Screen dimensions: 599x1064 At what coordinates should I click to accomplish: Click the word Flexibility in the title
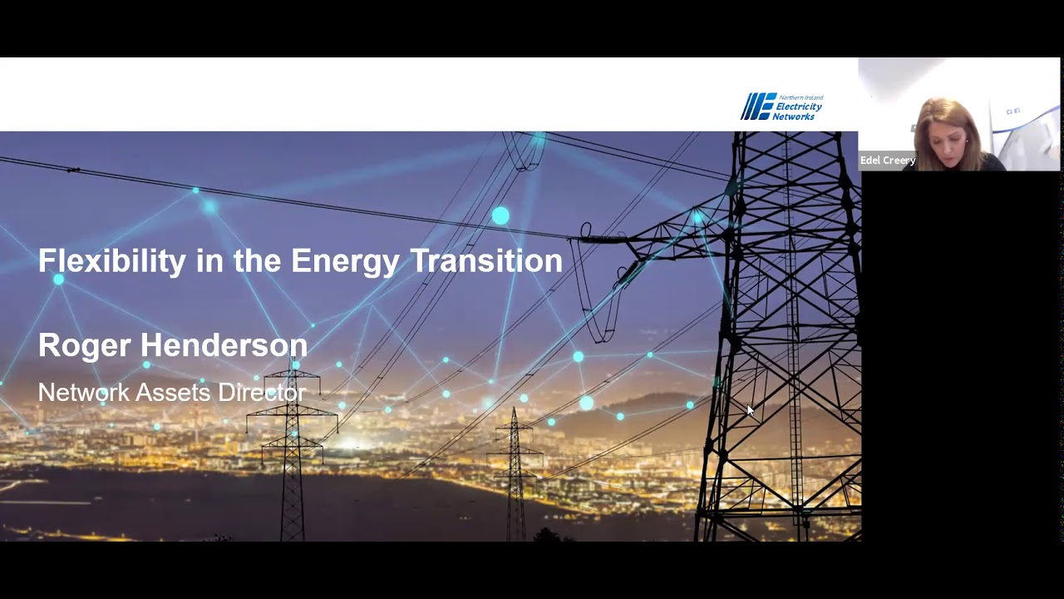112,261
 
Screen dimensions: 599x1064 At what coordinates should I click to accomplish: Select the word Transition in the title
486,261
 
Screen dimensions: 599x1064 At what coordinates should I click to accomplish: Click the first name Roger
84,345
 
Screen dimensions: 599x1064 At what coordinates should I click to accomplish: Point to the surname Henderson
224,345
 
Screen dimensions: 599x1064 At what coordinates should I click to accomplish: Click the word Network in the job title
83,393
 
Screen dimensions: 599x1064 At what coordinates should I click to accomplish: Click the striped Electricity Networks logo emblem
757,106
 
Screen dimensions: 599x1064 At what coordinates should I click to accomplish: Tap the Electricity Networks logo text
798,107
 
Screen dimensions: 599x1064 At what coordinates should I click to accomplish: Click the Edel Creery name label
887,161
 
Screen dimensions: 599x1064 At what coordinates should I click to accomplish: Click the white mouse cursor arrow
750,410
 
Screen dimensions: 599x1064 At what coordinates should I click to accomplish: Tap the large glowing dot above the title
500,216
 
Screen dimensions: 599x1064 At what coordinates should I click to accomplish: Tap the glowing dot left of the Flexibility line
58,280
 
